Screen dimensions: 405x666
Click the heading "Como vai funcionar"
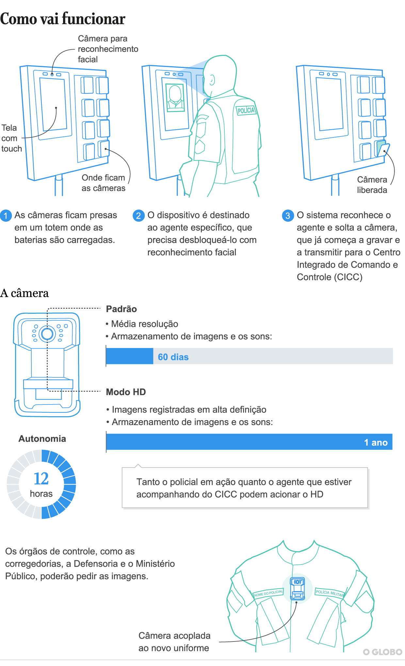[x=63, y=19]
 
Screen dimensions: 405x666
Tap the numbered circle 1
[x=6, y=215]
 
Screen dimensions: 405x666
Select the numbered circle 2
[x=138, y=215]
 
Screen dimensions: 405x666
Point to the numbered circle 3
[x=288, y=215]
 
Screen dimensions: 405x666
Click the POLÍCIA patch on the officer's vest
[x=246, y=110]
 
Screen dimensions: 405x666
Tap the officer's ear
[x=212, y=80]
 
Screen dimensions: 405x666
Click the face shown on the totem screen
[x=175, y=97]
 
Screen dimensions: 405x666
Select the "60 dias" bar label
[x=173, y=357]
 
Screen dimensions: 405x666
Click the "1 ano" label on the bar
[x=376, y=442]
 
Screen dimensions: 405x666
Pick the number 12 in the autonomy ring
[x=41, y=479]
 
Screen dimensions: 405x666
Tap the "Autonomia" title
[x=42, y=438]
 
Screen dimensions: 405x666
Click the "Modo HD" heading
[x=126, y=392]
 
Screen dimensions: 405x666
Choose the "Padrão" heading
[x=121, y=309]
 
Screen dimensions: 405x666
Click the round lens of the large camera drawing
[x=47, y=334]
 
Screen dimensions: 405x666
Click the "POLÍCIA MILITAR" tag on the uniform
[x=330, y=593]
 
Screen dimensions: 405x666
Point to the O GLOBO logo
[x=382, y=652]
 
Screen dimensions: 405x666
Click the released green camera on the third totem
[x=382, y=149]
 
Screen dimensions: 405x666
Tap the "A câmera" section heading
[x=24, y=293]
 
